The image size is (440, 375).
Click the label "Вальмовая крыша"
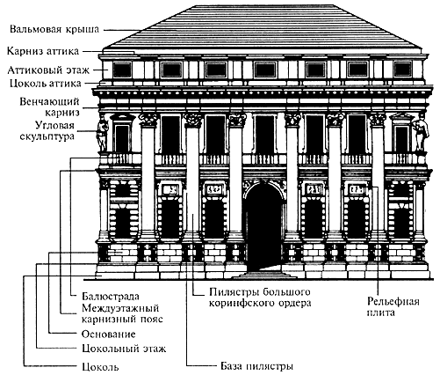pyautogui.click(x=54, y=30)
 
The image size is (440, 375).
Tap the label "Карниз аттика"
pyautogui.click(x=43, y=51)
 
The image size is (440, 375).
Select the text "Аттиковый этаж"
pyautogui.click(x=48, y=70)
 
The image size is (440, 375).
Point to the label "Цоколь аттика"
pyautogui.click(x=45, y=84)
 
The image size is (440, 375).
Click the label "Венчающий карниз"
pyautogui.click(x=50, y=107)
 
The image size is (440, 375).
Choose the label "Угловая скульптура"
pyautogui.click(x=47, y=130)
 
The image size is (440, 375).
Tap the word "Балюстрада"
pyautogui.click(x=111, y=296)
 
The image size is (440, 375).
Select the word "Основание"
pyautogui.click(x=109, y=334)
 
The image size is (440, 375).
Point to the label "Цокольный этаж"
pyautogui.click(x=124, y=349)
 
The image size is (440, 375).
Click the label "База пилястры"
pyautogui.click(x=256, y=366)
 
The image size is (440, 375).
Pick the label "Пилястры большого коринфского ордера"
pyautogui.click(x=260, y=298)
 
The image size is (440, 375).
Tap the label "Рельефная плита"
pyautogui.click(x=393, y=307)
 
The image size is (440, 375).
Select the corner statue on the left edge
pyautogui.click(x=102, y=134)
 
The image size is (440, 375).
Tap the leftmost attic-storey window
pyautogui.click(x=122, y=70)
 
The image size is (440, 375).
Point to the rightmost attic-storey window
pyautogui.click(x=402, y=70)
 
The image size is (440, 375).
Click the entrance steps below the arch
pyautogui.click(x=263, y=276)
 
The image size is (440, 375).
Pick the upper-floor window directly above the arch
pyautogui.click(x=264, y=135)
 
